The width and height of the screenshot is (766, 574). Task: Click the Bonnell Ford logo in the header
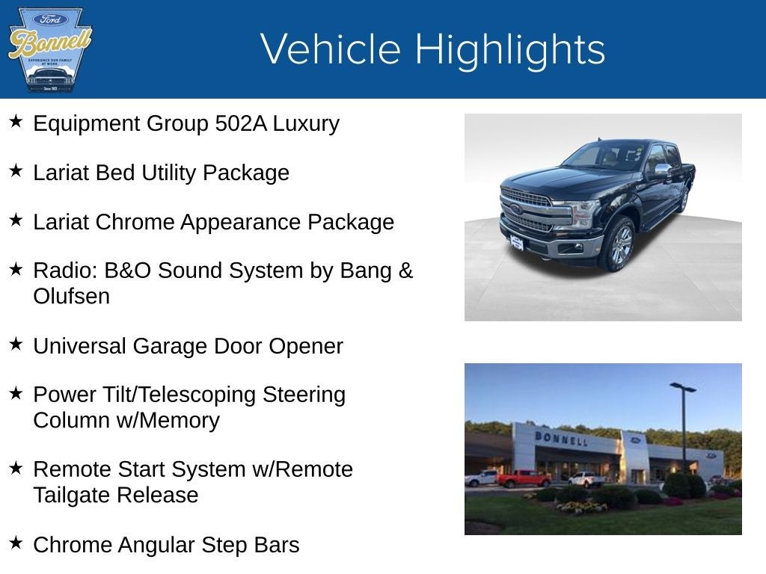(49, 49)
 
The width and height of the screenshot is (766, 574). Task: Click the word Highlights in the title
(509, 49)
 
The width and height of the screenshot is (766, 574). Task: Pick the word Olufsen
(71, 296)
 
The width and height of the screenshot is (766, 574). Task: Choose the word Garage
(171, 346)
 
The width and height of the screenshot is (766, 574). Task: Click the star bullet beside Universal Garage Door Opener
(16, 344)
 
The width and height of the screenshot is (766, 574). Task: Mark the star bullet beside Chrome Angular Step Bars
(16, 543)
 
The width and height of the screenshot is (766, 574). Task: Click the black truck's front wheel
(620, 246)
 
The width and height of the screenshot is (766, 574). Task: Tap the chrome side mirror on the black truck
(663, 170)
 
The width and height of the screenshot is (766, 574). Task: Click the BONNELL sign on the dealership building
(560, 438)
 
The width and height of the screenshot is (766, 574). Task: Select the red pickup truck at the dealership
(523, 478)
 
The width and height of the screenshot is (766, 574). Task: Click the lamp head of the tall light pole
(682, 387)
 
